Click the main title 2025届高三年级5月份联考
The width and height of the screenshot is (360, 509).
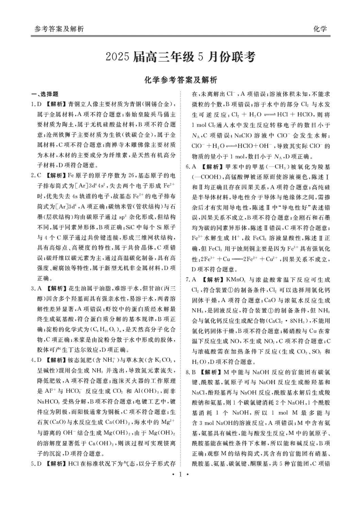coord(180,57)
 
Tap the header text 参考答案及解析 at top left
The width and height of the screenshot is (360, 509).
coord(59,29)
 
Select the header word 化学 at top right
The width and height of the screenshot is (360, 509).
coord(319,29)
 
